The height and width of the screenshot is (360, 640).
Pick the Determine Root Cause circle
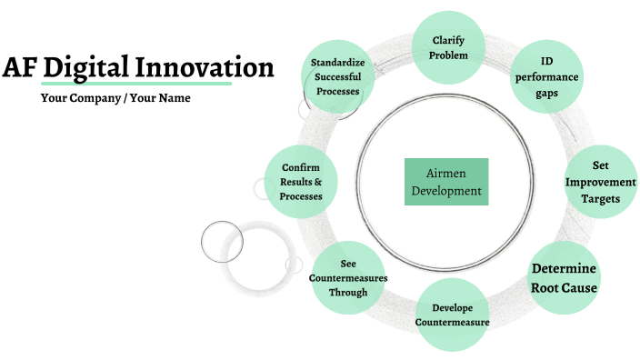point(563,278)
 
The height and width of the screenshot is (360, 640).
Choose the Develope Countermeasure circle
point(452,315)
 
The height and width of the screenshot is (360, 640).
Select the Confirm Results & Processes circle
point(300,182)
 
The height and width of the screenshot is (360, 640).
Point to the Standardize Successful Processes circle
point(337,76)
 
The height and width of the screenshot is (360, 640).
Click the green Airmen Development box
point(445,181)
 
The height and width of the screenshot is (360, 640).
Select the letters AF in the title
point(20,67)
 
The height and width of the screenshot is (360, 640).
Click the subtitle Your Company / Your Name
point(115,98)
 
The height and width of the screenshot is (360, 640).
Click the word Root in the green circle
point(549,288)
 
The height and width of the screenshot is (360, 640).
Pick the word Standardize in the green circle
point(338,62)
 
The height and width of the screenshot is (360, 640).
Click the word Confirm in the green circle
point(300,167)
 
